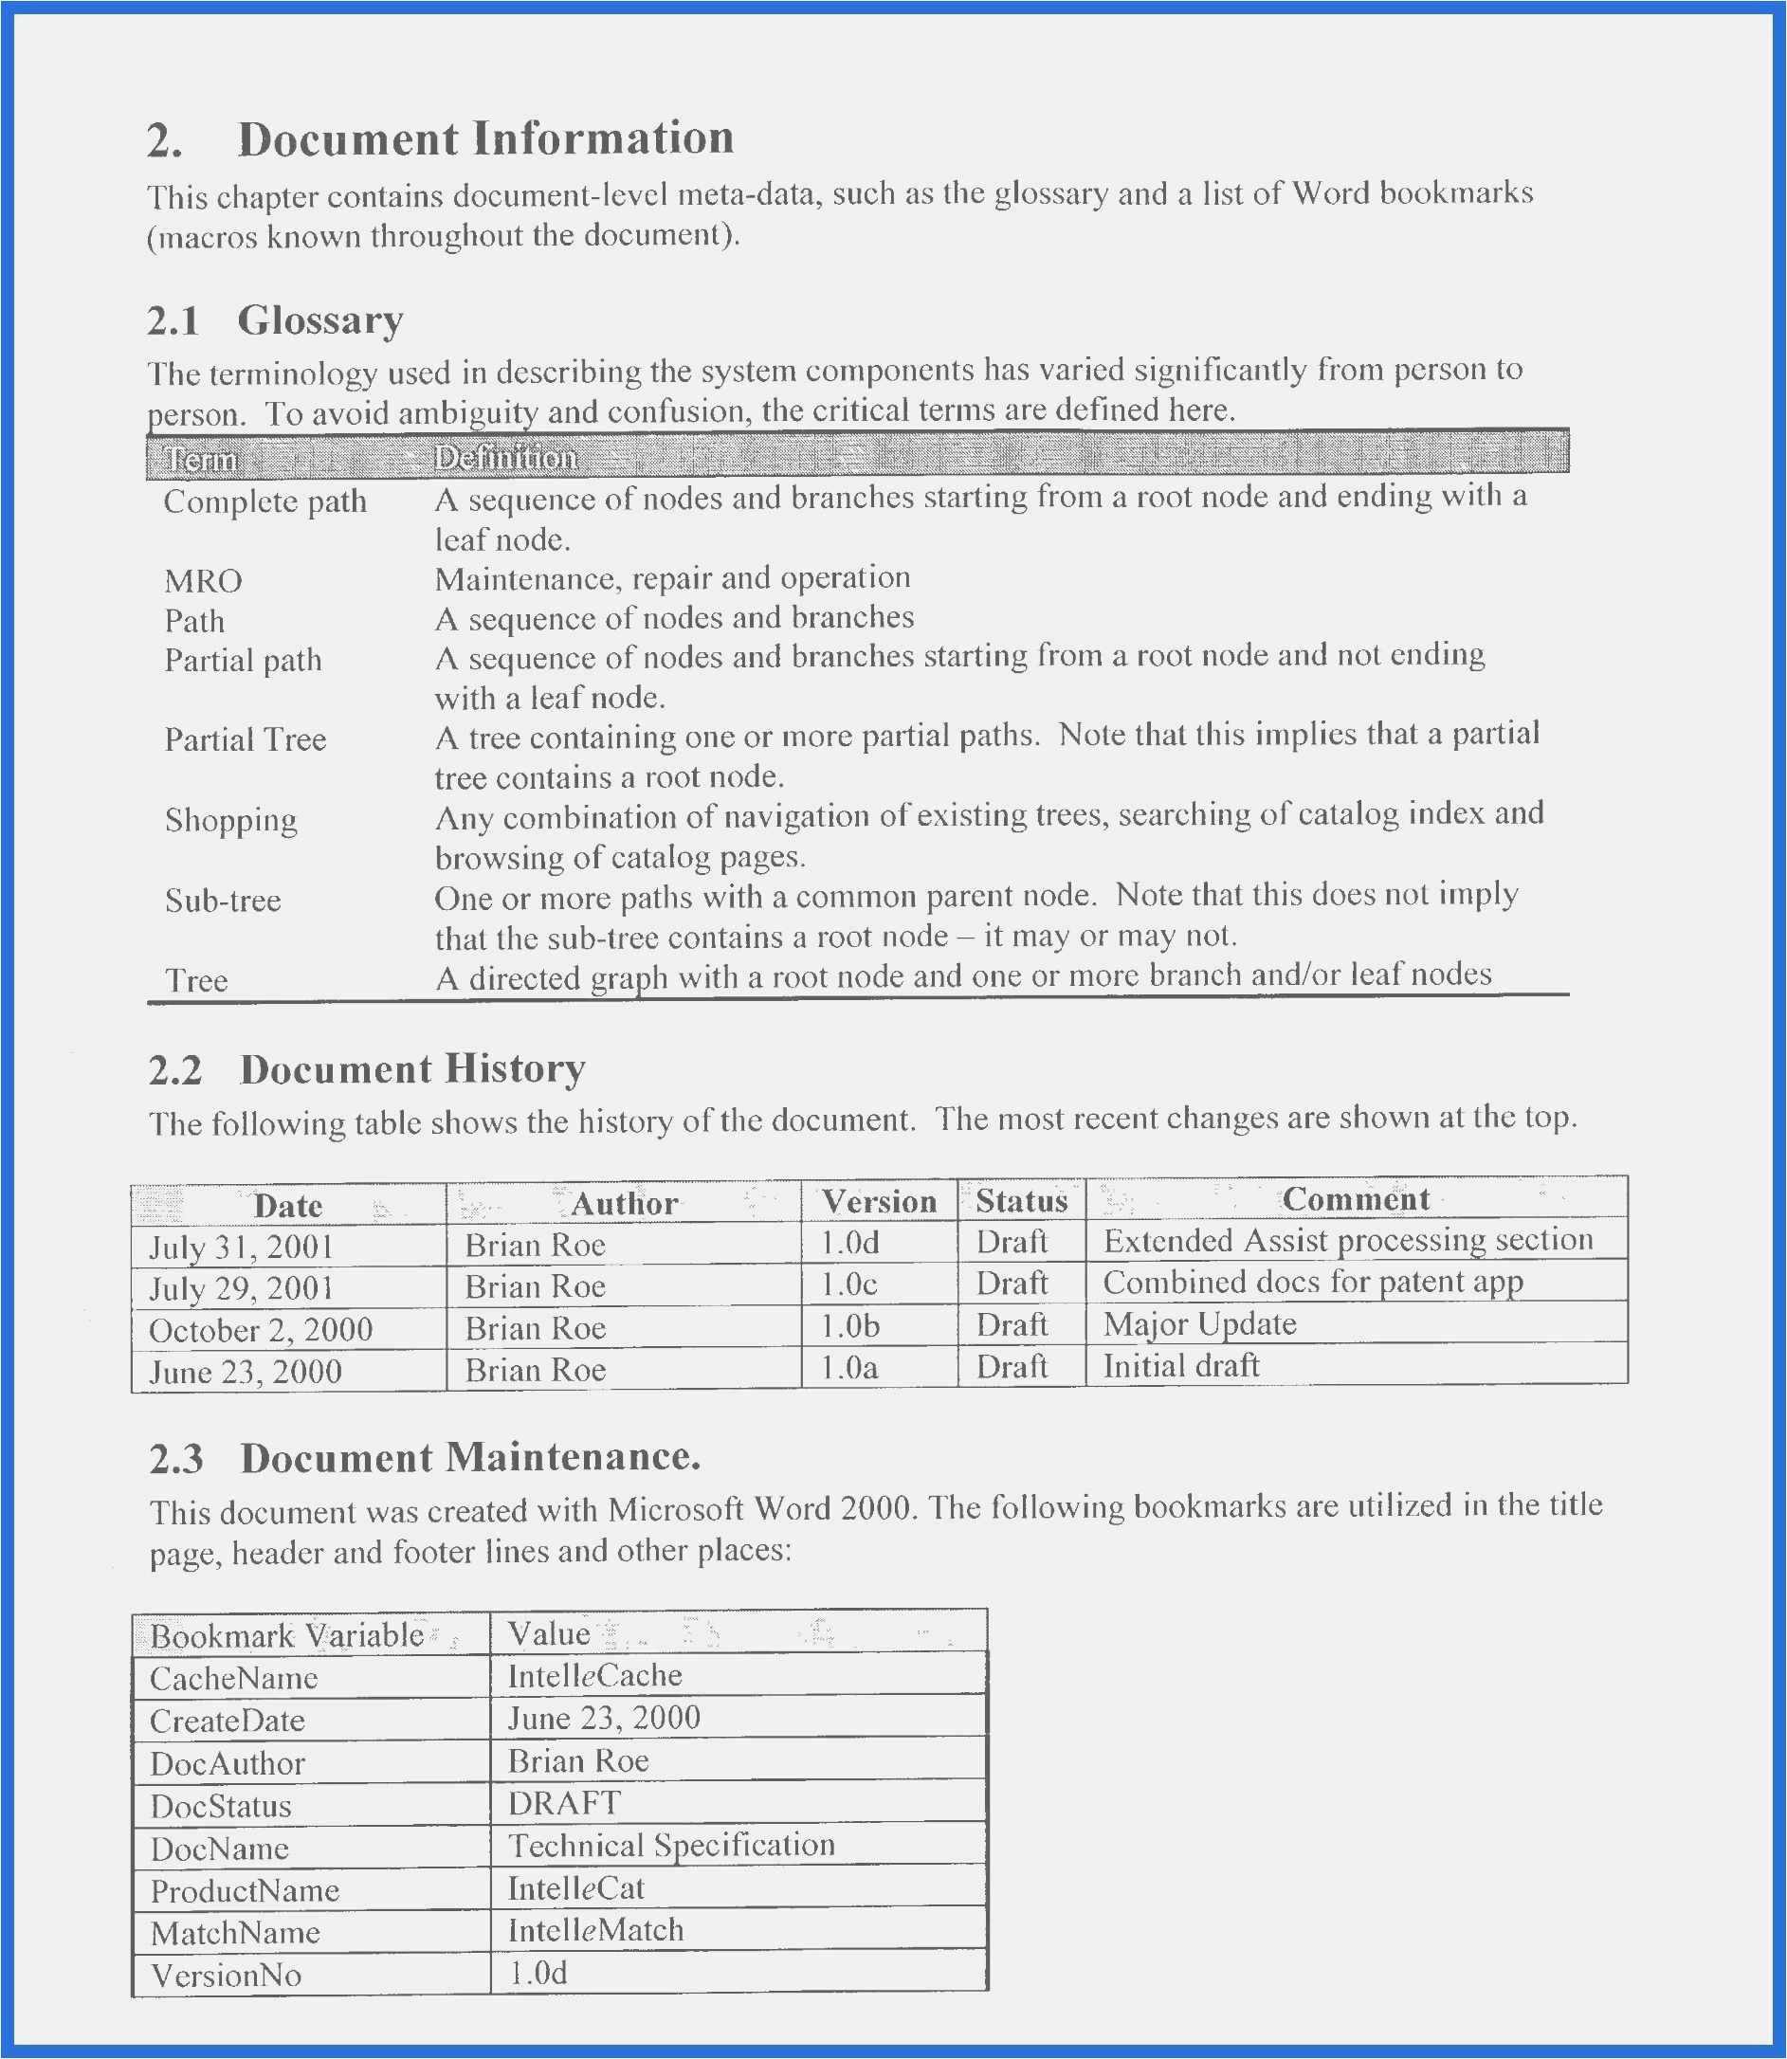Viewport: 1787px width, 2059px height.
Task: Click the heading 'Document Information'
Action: click(484, 138)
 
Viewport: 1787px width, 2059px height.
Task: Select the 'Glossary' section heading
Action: click(319, 321)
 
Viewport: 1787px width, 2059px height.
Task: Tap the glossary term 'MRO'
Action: click(203, 581)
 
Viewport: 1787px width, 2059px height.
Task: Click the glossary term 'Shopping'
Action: click(230, 821)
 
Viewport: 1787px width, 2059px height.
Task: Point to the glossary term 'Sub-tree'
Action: click(223, 902)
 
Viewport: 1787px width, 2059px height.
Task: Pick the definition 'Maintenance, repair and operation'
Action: click(671, 578)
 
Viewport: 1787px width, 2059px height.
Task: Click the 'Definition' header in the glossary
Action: click(504, 458)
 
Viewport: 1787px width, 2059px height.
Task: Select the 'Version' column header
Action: click(879, 1202)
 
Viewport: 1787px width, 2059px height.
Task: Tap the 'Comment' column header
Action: click(1356, 1199)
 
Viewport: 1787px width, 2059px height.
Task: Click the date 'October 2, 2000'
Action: click(261, 1330)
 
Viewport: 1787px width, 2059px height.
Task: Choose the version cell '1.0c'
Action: click(849, 1285)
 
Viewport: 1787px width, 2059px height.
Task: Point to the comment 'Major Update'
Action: click(1198, 1324)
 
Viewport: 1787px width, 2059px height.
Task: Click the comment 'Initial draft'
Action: click(1180, 1366)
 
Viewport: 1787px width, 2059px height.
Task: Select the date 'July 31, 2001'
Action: click(242, 1248)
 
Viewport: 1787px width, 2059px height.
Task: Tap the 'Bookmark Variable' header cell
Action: click(287, 1636)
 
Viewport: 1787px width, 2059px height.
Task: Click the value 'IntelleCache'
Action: click(594, 1676)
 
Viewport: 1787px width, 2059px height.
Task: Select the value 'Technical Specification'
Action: click(671, 1846)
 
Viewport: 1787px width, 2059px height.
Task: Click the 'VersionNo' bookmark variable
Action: click(226, 1976)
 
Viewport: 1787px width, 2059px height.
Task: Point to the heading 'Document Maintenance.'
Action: click(469, 1458)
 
